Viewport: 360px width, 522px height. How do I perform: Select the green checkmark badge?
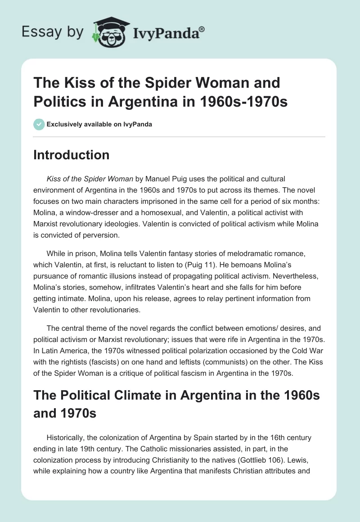(x=39, y=124)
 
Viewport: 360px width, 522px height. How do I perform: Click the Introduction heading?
(x=72, y=155)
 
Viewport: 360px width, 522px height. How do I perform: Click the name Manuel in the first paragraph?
(x=157, y=179)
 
